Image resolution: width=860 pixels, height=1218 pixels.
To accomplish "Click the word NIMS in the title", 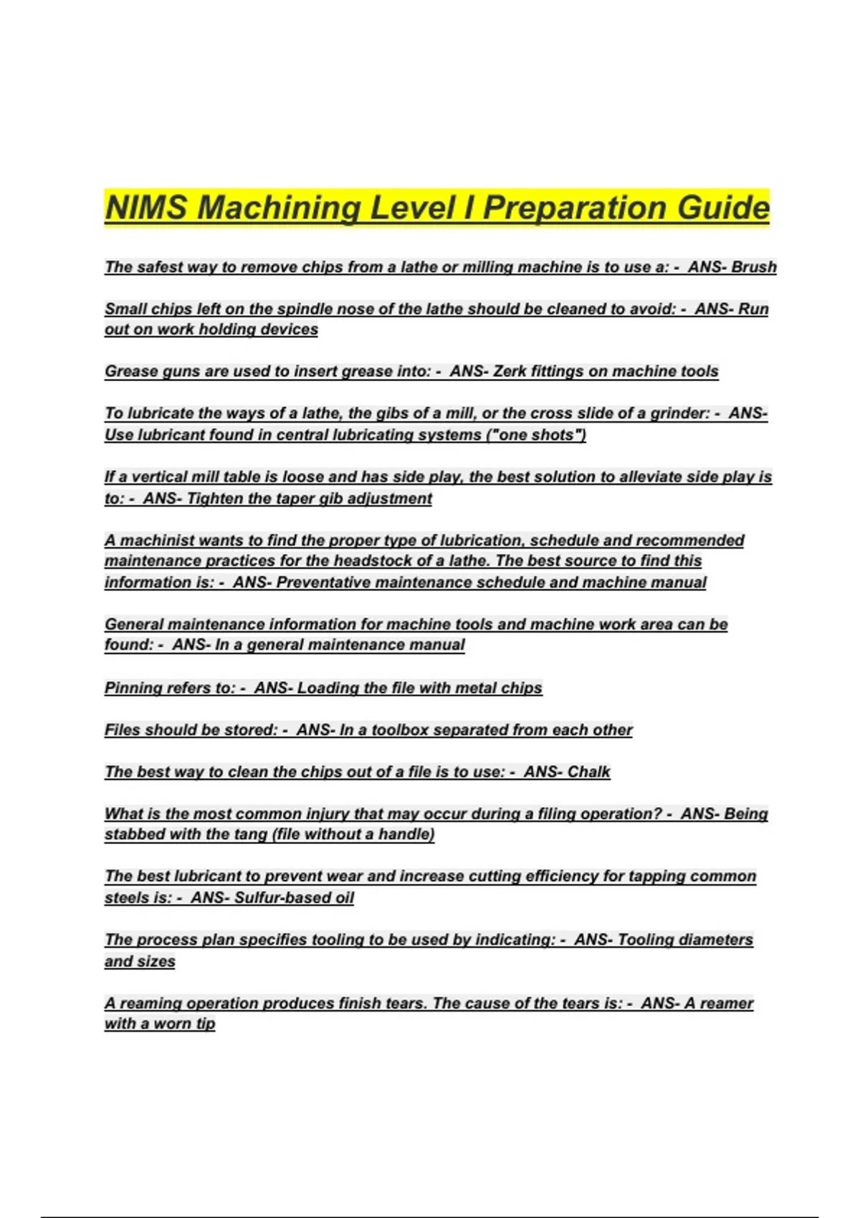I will (x=147, y=208).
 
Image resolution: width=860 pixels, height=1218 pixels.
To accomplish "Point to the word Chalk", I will (x=588, y=772).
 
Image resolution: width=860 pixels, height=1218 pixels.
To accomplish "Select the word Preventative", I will (x=323, y=582).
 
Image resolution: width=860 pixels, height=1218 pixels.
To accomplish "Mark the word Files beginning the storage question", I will (x=123, y=730).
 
